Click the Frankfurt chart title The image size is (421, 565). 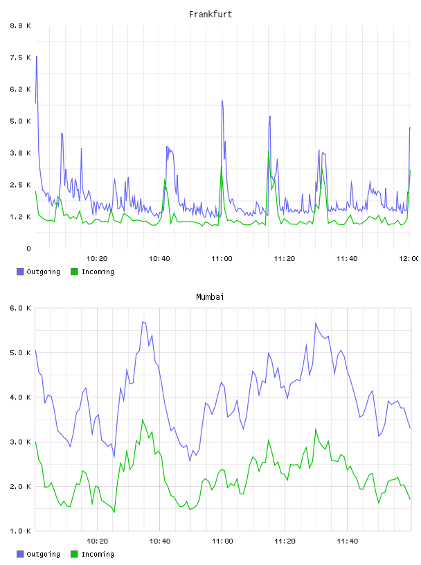point(210,15)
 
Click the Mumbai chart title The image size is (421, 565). point(210,297)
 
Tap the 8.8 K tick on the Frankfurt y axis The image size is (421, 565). point(21,26)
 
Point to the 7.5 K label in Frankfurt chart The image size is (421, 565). point(21,57)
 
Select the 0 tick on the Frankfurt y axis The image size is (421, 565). point(28,249)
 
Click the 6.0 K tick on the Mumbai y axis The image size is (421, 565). point(21,308)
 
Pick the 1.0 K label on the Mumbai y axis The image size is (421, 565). point(21,531)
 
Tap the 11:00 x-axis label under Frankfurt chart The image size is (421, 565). point(222,259)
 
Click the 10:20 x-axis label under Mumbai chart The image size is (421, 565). point(98,541)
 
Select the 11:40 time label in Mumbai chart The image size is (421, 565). point(347,541)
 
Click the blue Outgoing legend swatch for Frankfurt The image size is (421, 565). point(20,271)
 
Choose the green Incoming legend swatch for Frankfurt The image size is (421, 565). point(74,271)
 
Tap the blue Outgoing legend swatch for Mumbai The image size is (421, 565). point(20,554)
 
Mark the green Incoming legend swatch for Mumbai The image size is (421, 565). point(74,554)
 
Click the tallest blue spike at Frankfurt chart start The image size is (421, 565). point(37,57)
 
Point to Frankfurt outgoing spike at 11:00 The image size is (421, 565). point(222,101)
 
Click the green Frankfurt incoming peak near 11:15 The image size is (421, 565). point(268,152)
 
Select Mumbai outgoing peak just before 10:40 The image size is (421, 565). point(143,322)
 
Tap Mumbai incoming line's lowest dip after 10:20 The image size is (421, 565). point(114,512)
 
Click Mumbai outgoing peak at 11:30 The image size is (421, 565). point(315,323)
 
